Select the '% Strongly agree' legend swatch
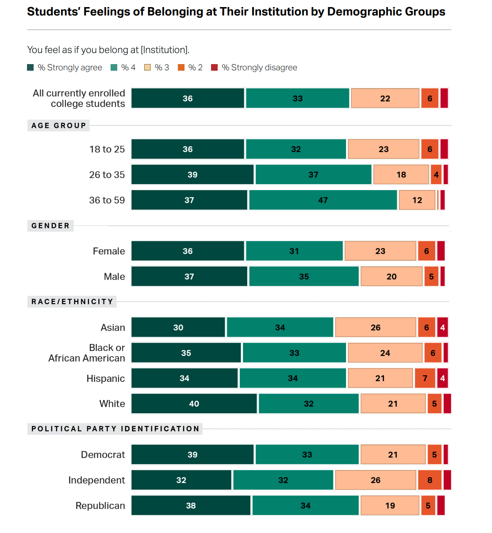(x=31, y=67)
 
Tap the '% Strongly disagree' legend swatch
(x=215, y=67)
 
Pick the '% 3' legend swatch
(x=148, y=67)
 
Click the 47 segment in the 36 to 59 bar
(x=323, y=200)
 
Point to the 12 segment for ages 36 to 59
(x=417, y=200)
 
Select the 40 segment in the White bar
(x=194, y=404)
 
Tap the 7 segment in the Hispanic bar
(x=425, y=378)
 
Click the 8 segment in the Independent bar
(x=430, y=480)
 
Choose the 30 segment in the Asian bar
(x=178, y=327)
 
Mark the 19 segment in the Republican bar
(x=390, y=506)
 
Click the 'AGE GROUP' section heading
(x=59, y=126)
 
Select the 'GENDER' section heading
(x=50, y=226)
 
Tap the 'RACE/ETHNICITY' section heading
(x=72, y=302)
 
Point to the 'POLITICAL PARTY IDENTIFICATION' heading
(x=115, y=429)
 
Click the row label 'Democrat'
(x=103, y=455)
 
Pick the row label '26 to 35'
(x=107, y=175)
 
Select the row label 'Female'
(x=109, y=251)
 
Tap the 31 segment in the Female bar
(x=294, y=251)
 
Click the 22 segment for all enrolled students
(x=385, y=99)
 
